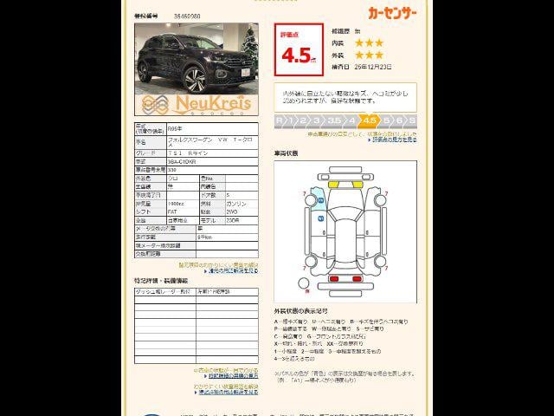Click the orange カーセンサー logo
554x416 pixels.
[391, 13]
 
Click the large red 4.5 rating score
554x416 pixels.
[298, 55]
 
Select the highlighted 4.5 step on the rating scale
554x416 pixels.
[370, 120]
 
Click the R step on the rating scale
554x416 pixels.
[280, 120]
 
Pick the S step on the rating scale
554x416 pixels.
[412, 120]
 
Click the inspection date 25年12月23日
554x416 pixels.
[373, 67]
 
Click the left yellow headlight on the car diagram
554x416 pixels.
[333, 185]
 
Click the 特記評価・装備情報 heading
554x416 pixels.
[160, 281]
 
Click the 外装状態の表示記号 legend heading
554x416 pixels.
[300, 309]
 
